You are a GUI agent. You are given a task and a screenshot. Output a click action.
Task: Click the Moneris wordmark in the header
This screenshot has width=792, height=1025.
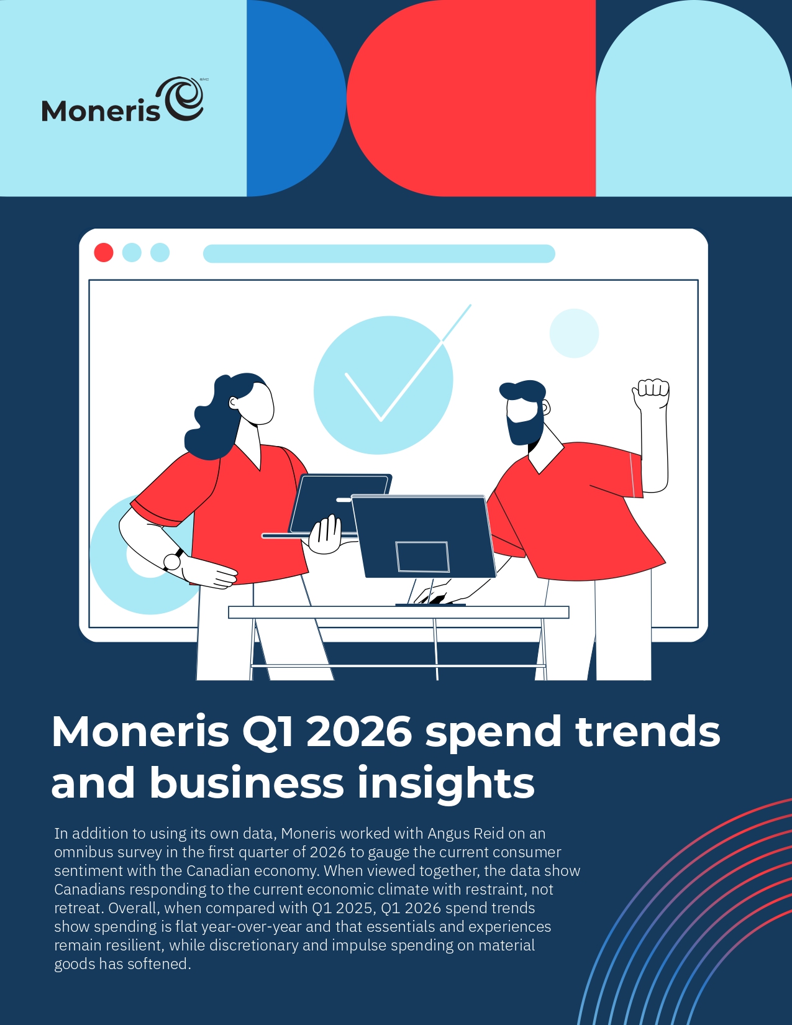click(101, 111)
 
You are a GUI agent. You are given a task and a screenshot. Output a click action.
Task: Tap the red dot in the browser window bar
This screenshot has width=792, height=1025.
click(104, 252)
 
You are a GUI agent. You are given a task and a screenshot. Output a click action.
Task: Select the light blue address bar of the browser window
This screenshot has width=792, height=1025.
click(379, 253)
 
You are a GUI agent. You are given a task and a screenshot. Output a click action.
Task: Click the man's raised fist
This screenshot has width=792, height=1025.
click(651, 393)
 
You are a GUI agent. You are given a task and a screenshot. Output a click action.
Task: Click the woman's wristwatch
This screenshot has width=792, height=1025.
click(173, 560)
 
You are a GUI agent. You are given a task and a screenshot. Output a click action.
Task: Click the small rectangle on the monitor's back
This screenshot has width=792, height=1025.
click(422, 557)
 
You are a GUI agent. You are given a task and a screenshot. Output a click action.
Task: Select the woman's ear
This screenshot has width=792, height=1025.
click(234, 403)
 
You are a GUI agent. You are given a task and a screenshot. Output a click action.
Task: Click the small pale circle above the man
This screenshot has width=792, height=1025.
click(574, 333)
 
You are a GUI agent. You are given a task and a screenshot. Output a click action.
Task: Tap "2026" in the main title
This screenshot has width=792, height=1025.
click(360, 732)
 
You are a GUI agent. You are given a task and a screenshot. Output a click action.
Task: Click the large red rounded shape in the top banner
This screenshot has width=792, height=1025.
click(471, 98)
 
